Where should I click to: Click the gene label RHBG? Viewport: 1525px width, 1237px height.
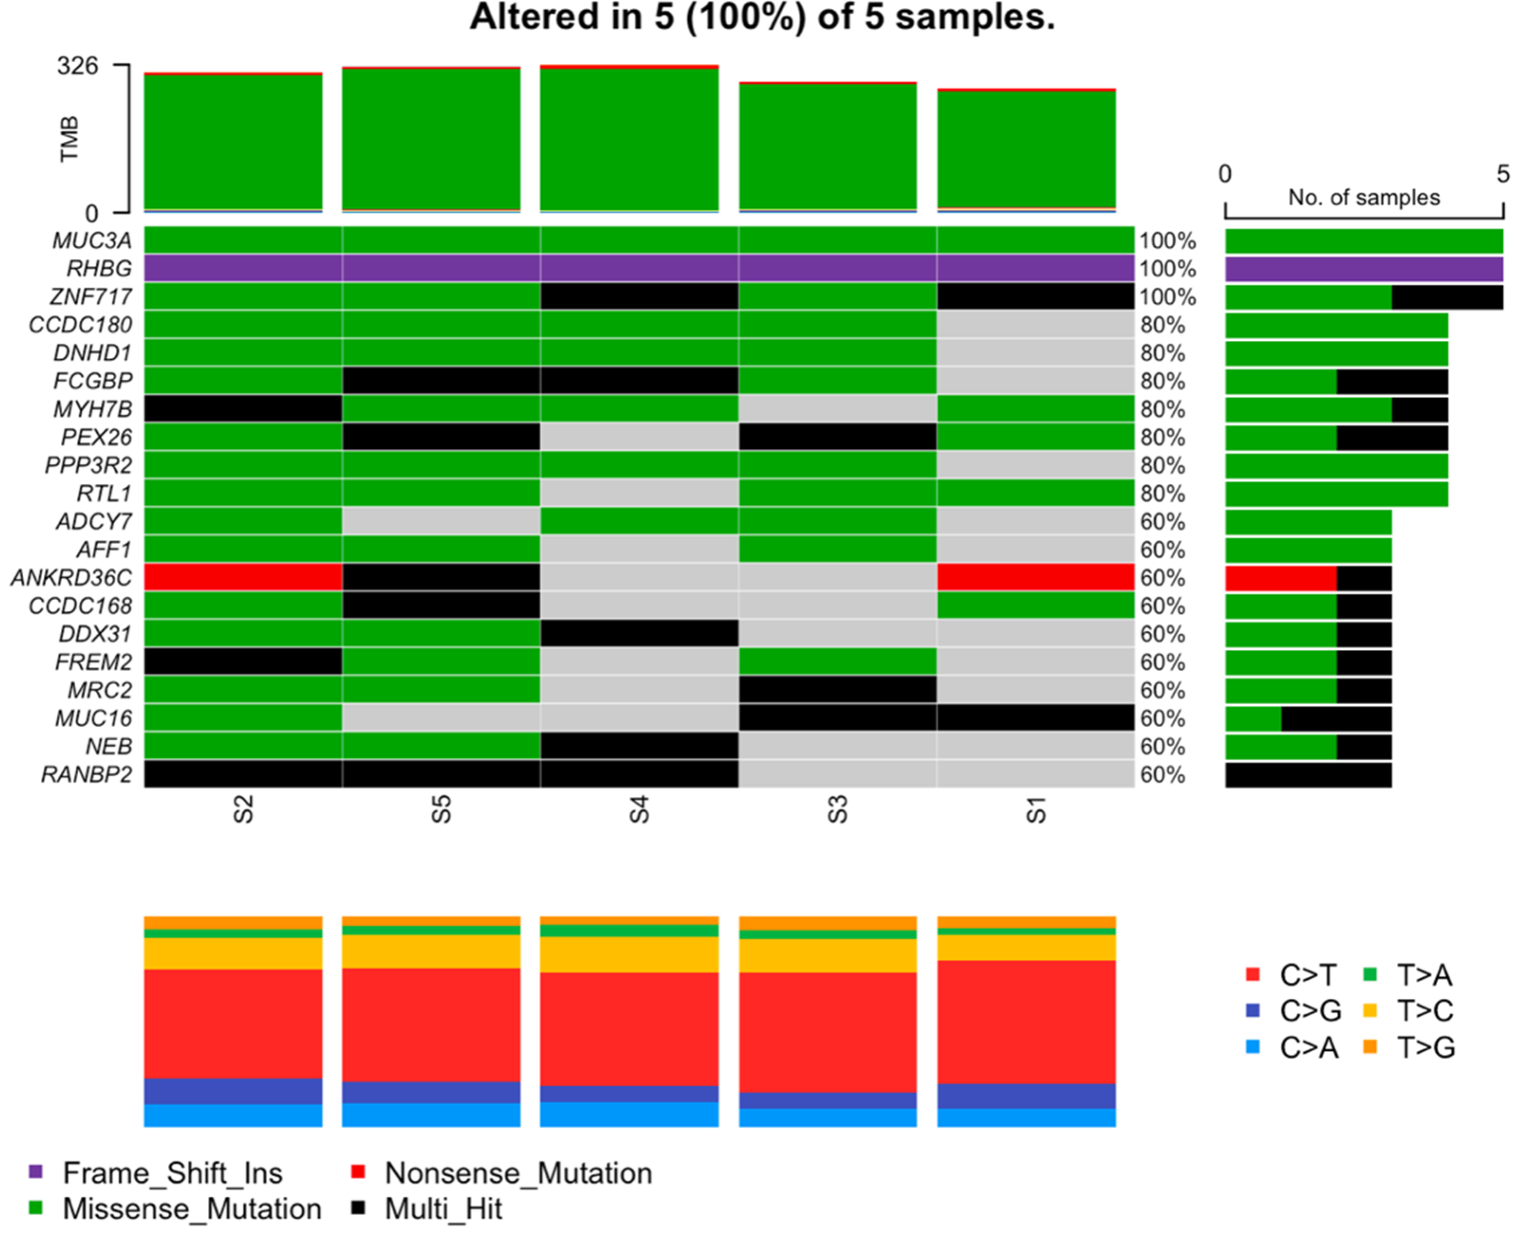point(99,269)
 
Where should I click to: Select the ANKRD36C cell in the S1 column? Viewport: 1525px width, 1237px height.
point(1035,577)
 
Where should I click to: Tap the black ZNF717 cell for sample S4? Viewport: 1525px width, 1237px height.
point(639,296)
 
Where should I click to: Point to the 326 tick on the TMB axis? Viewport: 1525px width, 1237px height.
point(78,66)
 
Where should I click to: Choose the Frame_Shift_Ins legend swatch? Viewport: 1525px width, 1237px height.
point(36,1172)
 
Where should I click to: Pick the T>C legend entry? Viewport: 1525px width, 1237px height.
point(1424,1010)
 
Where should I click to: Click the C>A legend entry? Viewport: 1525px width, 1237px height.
point(1308,1047)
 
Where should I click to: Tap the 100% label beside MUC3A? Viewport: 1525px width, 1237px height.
point(1166,241)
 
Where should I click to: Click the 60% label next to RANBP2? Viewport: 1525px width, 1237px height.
point(1162,774)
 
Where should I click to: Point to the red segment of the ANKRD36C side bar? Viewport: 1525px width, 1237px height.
point(1280,578)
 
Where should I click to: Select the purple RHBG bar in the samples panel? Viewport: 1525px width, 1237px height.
point(1363,269)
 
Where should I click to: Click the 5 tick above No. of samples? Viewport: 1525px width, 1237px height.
point(1502,174)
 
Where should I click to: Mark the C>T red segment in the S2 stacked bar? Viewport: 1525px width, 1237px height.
point(233,1023)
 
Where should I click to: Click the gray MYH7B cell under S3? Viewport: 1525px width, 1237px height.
point(837,409)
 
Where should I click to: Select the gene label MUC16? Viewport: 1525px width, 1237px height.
point(93,718)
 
